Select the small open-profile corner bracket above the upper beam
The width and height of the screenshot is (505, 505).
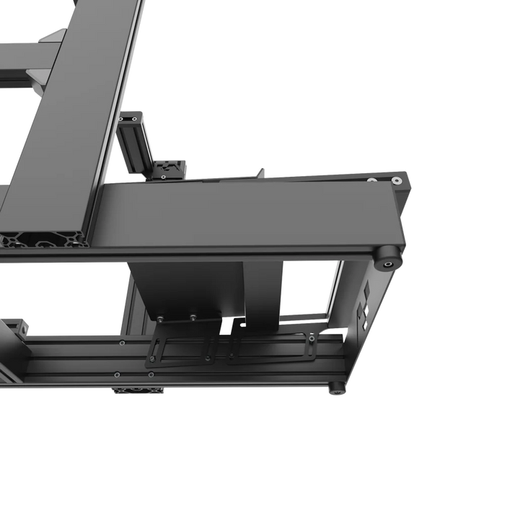[x=171, y=169]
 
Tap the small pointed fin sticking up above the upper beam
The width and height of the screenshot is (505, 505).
[x=261, y=172]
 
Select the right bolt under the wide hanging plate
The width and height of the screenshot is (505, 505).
[x=193, y=315]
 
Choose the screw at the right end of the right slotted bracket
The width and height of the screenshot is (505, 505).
[x=311, y=338]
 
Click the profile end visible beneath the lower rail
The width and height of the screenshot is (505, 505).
[x=137, y=391]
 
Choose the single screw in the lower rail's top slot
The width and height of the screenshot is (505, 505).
[x=116, y=374]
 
